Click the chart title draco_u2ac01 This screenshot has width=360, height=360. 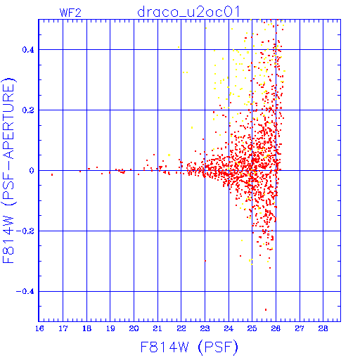coord(188,12)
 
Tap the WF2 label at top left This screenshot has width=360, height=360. coord(70,13)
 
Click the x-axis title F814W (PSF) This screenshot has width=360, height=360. coord(189,347)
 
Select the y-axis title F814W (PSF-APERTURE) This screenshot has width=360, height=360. coord(9,171)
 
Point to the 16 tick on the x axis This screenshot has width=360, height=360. coord(39,328)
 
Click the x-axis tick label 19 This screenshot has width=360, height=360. coord(110,328)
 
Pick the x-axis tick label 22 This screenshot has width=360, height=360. coord(181,328)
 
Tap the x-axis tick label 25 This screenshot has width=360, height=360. coord(252,328)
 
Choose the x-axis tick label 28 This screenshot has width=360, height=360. coord(323,328)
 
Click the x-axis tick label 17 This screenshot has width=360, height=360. coord(63,328)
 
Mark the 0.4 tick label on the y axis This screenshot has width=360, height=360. coord(28,50)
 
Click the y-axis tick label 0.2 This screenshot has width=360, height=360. coord(28,110)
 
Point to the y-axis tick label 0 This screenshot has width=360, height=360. coord(32,171)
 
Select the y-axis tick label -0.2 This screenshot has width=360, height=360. coord(25,231)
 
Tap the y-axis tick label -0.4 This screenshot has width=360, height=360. coord(25,292)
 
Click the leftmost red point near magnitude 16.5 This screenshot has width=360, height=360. coord(52,174)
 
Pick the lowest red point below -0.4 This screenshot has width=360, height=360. coord(266,309)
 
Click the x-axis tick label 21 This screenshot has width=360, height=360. coord(157,328)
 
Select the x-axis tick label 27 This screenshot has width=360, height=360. coord(300,328)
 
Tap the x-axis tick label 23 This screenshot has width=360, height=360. coord(205,328)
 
